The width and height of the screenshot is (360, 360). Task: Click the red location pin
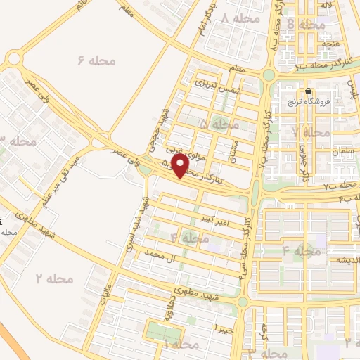pos(181,166)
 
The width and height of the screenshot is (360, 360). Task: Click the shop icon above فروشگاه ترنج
pos(308,92)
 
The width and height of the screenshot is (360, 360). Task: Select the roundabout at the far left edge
pos(11,60)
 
